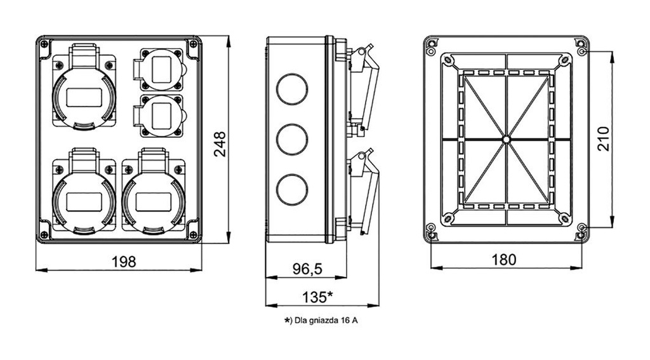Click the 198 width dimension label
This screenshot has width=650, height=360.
124,262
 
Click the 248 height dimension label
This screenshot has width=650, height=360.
219,145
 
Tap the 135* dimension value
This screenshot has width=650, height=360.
318,297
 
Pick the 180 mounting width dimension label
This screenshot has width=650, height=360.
503,260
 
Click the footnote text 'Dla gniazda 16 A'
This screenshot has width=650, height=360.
326,321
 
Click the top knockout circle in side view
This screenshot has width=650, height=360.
292,88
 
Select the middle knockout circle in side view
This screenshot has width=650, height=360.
292,139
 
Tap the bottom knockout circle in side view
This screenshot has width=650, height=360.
292,189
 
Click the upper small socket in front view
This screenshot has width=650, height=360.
160,69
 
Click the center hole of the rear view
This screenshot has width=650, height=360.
506,138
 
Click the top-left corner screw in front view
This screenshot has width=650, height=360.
44,44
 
